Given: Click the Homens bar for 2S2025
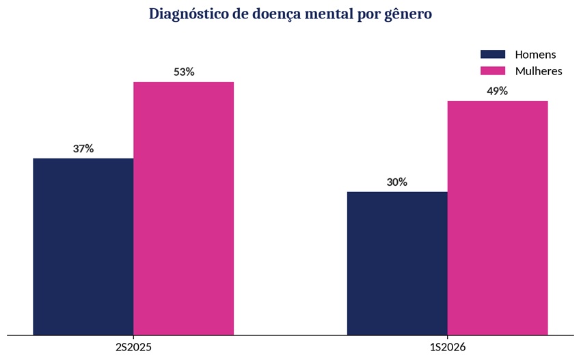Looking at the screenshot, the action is click(x=83, y=247).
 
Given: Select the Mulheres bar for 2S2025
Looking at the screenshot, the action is click(x=184, y=208).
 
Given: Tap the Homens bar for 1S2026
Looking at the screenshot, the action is click(x=397, y=263).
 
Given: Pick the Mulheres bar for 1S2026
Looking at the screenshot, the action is click(x=498, y=218).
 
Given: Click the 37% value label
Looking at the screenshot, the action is click(x=83, y=148).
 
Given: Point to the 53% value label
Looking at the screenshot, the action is click(x=184, y=72).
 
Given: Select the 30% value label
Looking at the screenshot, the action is click(x=397, y=182).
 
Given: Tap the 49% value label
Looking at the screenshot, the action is click(x=497, y=91).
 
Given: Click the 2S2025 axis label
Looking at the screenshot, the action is click(x=134, y=348).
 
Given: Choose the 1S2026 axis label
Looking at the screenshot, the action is click(x=448, y=348).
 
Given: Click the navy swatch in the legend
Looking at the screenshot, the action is click(x=493, y=55).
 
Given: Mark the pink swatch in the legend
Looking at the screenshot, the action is click(x=493, y=71).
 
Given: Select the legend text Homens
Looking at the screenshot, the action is click(x=535, y=55).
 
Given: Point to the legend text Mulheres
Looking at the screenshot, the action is click(x=539, y=71).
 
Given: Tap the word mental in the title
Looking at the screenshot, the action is click(x=328, y=14).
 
